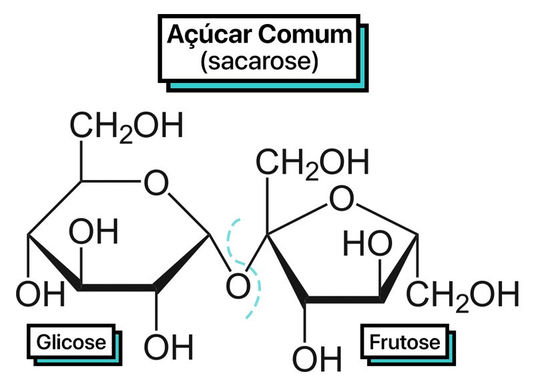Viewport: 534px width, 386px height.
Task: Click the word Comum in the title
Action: (305, 35)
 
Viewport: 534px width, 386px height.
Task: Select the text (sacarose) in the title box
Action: (260, 62)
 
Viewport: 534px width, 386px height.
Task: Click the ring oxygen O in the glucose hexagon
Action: (156, 183)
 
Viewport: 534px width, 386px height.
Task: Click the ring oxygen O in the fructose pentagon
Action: (342, 198)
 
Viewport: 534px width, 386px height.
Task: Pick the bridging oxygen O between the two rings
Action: (238, 286)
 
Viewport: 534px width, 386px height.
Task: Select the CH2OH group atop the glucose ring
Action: (126, 126)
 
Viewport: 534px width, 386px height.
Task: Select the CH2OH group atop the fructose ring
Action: (312, 163)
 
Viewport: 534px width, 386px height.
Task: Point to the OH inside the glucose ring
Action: (93, 231)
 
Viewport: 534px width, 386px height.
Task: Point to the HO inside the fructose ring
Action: (368, 243)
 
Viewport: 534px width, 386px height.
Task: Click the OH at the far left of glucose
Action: (40, 294)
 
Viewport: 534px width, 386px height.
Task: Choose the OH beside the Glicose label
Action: (169, 347)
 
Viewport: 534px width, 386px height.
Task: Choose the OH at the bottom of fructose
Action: (316, 359)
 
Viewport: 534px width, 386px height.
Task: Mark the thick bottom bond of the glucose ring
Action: (117, 288)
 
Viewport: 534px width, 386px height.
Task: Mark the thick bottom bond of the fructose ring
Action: (344, 300)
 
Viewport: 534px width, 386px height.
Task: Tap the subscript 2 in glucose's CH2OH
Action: (126, 136)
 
